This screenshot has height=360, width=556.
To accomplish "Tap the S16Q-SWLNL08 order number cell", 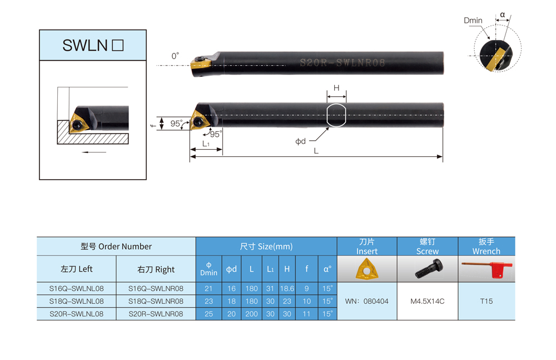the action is tap(76, 289).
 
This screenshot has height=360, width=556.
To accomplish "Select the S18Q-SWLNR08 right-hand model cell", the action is tap(156, 302).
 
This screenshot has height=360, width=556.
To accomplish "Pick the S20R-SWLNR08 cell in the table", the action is tap(156, 314).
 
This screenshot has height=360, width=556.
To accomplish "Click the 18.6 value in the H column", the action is tap(287, 289).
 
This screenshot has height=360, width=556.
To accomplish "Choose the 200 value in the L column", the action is tap(251, 314).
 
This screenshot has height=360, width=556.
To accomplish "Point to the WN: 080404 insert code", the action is tap(366, 302).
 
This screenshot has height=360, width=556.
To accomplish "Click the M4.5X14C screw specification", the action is tap(427, 302).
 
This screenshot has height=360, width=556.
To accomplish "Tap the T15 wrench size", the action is tap(486, 302).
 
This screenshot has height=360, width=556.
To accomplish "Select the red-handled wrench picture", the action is tap(487, 269).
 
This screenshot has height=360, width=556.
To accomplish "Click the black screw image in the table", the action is tap(428, 269).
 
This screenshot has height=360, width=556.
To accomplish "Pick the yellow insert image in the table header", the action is tap(367, 269).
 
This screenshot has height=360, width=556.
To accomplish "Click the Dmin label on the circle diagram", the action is tap(473, 21).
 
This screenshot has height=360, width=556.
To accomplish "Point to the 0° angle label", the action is tap(175, 56).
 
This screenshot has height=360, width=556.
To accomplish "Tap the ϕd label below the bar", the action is tap(300, 141).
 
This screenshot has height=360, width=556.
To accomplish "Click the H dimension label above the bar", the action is tap(336, 88).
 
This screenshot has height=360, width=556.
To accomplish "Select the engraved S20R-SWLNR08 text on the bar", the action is tap(342, 63).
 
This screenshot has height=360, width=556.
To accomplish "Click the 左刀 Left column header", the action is tap(76, 269).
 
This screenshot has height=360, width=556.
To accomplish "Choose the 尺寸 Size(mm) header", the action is tap(266, 246).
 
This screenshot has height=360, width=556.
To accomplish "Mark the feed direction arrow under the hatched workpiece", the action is tap(94, 152).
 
